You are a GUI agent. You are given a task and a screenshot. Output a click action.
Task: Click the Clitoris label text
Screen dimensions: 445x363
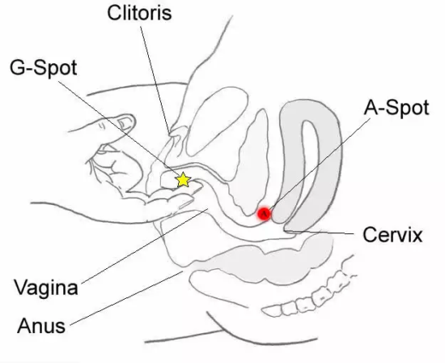[140, 13]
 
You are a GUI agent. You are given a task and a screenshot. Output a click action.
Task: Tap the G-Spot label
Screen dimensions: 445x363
[44, 68]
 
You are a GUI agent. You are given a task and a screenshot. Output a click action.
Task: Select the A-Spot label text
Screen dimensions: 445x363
[396, 108]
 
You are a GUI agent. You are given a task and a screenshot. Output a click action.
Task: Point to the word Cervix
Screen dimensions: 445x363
[392, 235]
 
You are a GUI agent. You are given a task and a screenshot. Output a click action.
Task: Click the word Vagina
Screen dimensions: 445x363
[46, 288]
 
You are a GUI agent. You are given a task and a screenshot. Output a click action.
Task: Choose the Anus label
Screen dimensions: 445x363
[41, 326]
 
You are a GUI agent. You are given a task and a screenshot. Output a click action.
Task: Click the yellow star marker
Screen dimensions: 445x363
[183, 180]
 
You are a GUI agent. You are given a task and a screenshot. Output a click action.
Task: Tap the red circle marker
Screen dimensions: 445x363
[265, 214]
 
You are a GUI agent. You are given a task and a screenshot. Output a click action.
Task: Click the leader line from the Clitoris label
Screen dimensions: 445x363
[155, 80]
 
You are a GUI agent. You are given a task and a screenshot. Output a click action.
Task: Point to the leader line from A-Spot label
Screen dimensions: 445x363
[320, 164]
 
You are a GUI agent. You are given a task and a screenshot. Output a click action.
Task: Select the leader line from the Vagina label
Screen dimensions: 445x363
[145, 246]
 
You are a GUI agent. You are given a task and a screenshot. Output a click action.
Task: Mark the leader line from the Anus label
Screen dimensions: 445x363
[126, 298]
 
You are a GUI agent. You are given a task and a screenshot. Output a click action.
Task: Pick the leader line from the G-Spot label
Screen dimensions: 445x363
[119, 129]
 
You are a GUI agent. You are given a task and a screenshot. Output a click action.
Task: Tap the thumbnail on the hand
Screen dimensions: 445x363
[125, 123]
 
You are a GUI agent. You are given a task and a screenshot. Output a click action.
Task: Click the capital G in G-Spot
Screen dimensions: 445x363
[17, 67]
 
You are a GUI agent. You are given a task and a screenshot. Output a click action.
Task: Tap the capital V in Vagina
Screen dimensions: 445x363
[21, 287]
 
